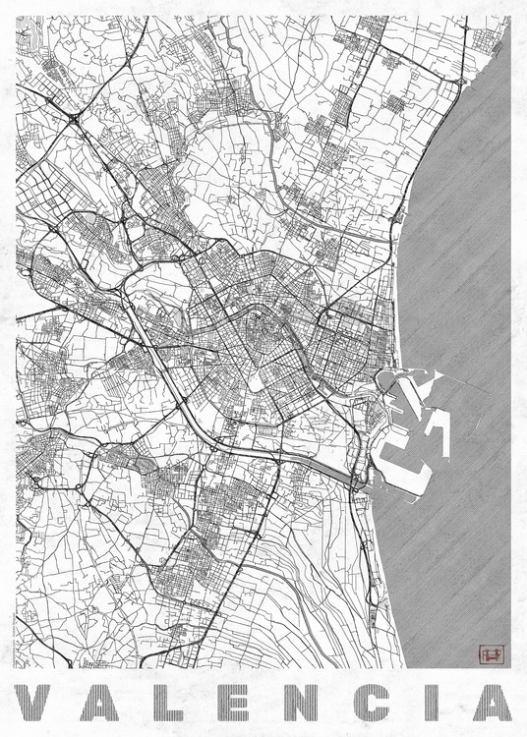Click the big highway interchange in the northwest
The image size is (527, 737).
[75, 120]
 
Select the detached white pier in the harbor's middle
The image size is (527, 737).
[438, 432]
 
